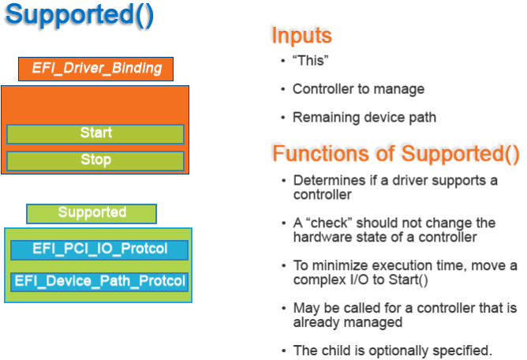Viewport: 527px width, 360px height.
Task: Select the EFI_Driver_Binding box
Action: click(x=95, y=69)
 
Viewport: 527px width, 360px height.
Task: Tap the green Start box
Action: click(x=95, y=133)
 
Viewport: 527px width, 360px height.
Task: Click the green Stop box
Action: click(x=95, y=160)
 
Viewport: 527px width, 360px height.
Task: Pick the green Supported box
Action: click(x=92, y=213)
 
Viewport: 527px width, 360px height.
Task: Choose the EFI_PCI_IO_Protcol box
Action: click(x=99, y=249)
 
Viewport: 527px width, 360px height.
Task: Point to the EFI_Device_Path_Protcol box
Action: click(x=99, y=281)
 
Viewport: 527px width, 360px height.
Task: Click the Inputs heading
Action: click(x=301, y=36)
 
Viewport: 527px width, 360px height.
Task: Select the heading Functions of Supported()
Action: click(x=396, y=153)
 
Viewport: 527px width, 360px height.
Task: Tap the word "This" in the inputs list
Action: click(x=310, y=61)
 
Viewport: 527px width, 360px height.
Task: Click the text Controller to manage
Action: click(x=358, y=89)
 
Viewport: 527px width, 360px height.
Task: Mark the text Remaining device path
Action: click(x=364, y=118)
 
